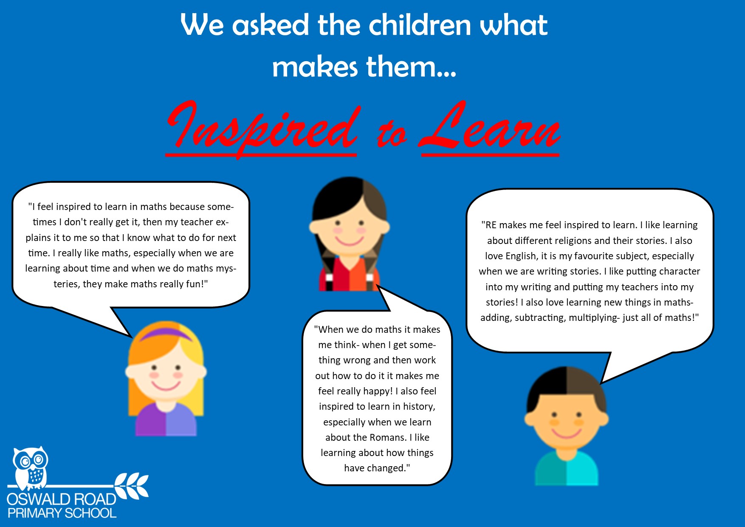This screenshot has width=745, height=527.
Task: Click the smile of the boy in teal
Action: (566, 433)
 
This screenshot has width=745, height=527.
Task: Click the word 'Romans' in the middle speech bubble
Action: (388, 437)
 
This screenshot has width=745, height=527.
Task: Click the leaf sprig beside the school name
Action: (132, 486)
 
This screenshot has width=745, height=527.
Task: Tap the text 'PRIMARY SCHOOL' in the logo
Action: (62, 513)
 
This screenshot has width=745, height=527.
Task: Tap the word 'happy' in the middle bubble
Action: (377, 391)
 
